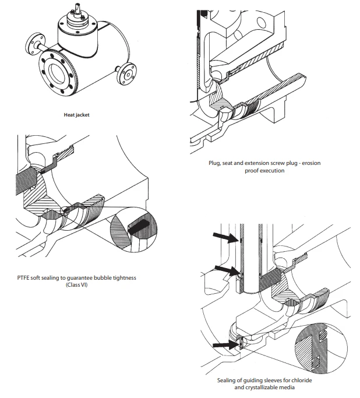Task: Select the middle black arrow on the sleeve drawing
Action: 224,269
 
